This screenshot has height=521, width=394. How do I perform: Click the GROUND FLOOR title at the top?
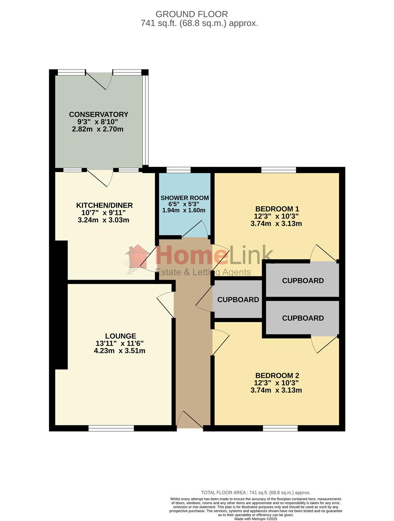[x=191, y=14]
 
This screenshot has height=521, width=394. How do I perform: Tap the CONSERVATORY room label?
[x=99, y=114]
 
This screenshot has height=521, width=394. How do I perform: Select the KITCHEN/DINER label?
[x=104, y=205]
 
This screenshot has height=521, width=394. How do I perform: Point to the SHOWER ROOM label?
[x=185, y=198]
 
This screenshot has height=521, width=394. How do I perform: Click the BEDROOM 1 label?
[x=277, y=209]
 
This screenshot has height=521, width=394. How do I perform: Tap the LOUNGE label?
[x=121, y=336]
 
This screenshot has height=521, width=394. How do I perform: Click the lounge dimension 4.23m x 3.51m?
[x=119, y=350]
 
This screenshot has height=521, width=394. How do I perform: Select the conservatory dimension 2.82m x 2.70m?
[x=98, y=129]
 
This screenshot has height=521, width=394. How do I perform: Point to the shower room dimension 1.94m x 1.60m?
[x=184, y=210]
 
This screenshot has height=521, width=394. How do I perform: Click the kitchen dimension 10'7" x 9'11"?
[x=103, y=212]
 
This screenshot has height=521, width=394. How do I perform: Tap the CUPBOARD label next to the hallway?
[x=238, y=300]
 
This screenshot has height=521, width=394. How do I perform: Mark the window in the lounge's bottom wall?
[x=111, y=428]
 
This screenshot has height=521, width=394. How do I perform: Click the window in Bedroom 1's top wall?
[x=279, y=170]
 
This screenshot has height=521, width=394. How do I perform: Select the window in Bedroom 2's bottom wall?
[x=280, y=428]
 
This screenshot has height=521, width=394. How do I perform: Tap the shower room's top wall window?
[x=178, y=170]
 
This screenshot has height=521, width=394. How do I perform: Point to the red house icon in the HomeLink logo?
[x=137, y=257]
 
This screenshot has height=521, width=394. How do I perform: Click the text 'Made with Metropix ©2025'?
[x=255, y=519]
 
